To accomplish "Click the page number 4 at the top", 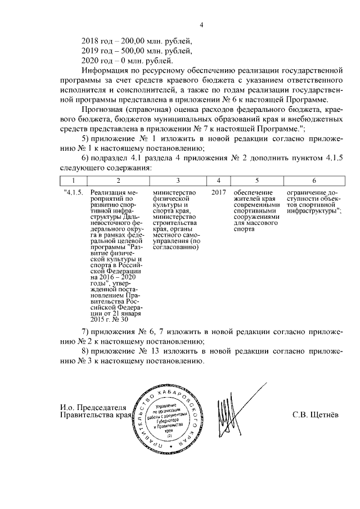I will [201, 24].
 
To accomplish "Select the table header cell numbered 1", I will [73, 180].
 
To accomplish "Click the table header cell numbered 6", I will [313, 180].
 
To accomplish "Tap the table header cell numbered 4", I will [219, 180].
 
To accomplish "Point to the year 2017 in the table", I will [219, 193].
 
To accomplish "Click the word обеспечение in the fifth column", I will [253, 193].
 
